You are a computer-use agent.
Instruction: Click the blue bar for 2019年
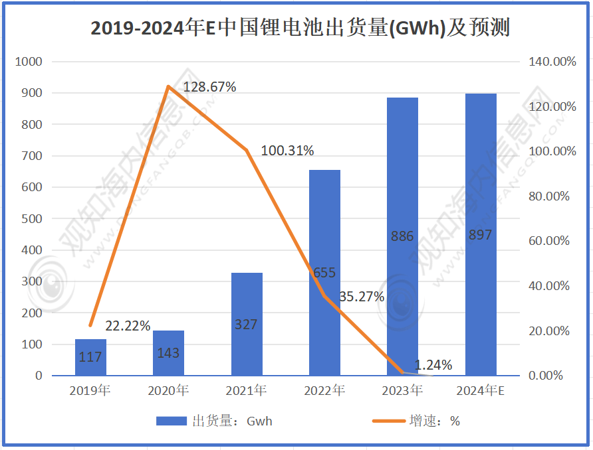pyautogui.click(x=90, y=358)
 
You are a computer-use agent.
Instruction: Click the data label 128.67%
pyautogui.click(x=210, y=87)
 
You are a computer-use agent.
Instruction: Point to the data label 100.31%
pyautogui.click(x=287, y=151)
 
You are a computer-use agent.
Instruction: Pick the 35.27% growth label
pyautogui.click(x=362, y=297)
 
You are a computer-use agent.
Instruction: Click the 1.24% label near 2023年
pyautogui.click(x=433, y=365)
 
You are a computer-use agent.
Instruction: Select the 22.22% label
pyautogui.click(x=128, y=326)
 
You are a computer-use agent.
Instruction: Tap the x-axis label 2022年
pyautogui.click(x=324, y=391)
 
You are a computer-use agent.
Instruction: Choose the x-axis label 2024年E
pyautogui.click(x=481, y=391)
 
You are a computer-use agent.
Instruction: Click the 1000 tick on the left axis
pyautogui.click(x=29, y=62)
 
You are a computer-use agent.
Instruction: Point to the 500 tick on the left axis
pyautogui.click(x=32, y=218)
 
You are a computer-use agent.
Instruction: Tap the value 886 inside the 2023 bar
pyautogui.click(x=403, y=236)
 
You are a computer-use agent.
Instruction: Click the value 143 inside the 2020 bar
pyautogui.click(x=168, y=353)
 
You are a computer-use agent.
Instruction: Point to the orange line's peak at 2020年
pyautogui.click(x=169, y=86)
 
